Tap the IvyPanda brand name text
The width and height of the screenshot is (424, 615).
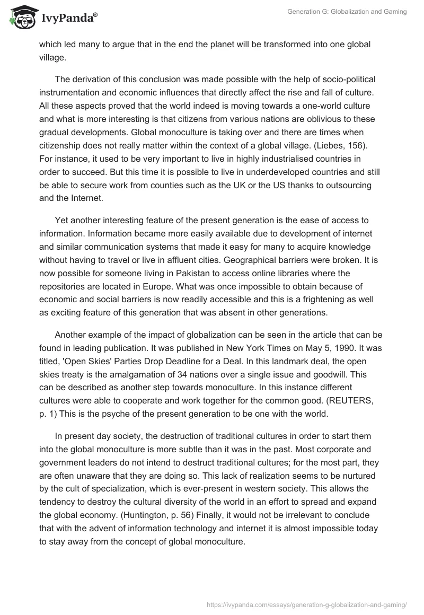click(68, 19)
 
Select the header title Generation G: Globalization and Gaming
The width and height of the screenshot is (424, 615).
click(346, 12)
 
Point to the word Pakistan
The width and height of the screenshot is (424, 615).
click(196, 273)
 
